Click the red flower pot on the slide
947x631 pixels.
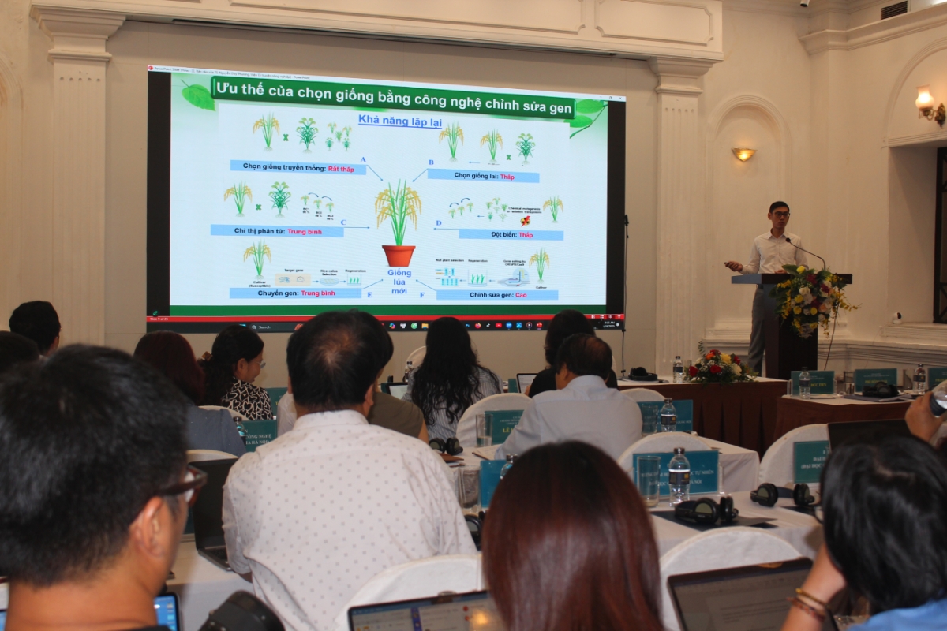(399, 255)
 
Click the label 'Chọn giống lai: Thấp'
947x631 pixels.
(483, 176)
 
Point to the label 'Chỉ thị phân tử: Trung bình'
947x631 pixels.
(277, 231)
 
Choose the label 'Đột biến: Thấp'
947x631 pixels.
(510, 235)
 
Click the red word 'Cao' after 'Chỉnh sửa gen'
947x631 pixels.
(545, 295)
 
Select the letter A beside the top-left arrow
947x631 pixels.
(363, 159)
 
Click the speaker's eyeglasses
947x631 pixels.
(780, 214)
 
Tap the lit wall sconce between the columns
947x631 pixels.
(743, 154)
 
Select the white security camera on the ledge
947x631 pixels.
(896, 318)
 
